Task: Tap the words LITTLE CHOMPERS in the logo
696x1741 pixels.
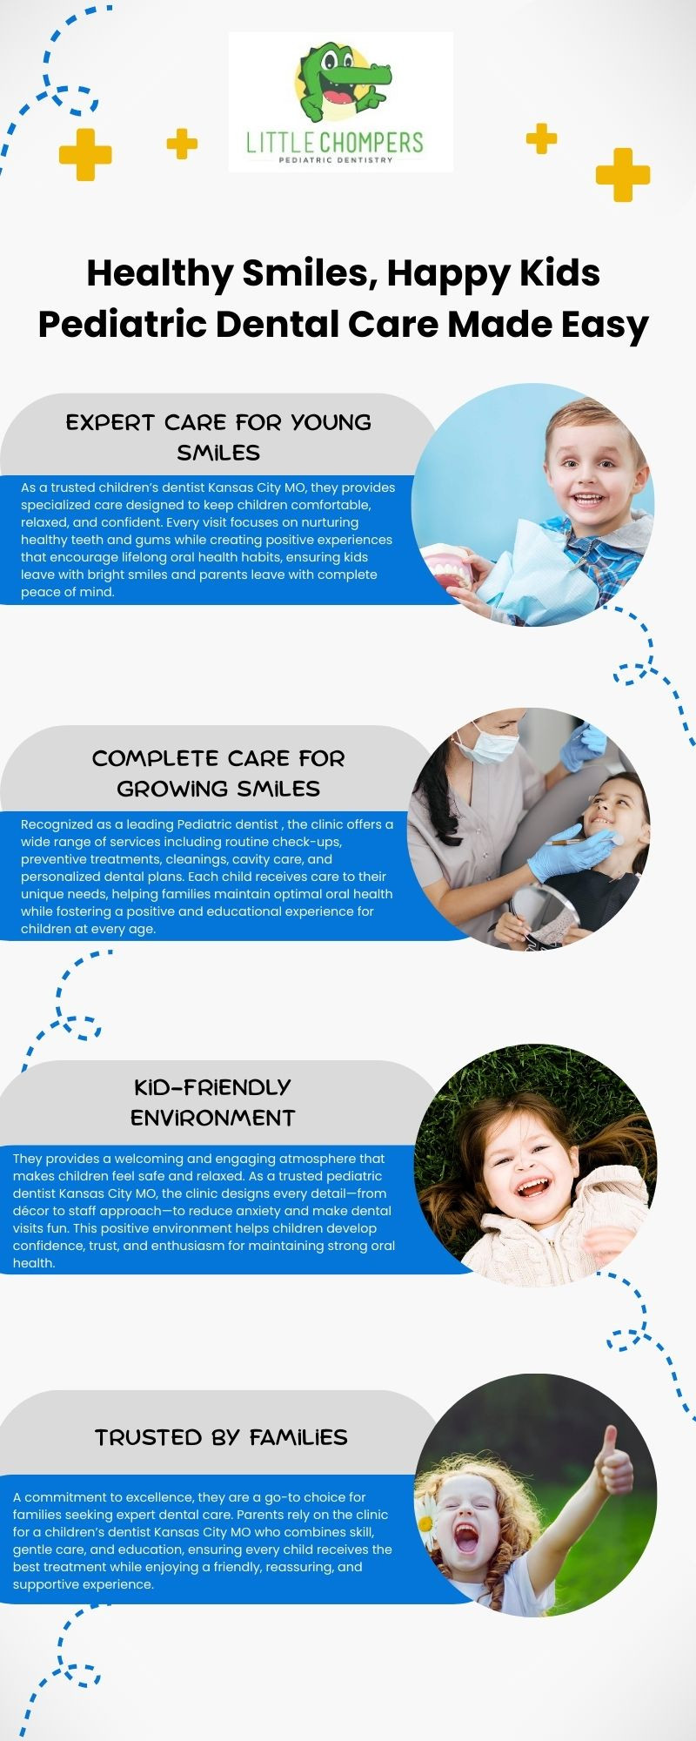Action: (335, 142)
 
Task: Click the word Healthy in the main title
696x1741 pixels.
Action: (159, 274)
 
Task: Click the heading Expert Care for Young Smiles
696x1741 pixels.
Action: (218, 437)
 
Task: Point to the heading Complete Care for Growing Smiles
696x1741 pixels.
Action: (218, 773)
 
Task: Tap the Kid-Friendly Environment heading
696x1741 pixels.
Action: (213, 1102)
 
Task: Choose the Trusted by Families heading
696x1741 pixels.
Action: (221, 1437)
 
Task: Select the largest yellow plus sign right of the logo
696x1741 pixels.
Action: (623, 174)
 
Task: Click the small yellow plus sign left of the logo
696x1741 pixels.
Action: (182, 144)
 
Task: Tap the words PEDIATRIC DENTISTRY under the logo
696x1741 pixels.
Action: (335, 160)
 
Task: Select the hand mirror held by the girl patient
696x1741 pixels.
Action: (544, 914)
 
